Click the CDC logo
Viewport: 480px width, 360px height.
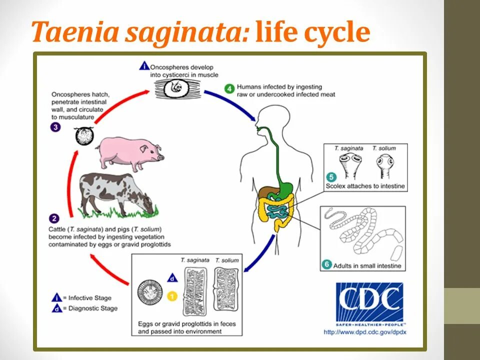(x=369, y=302)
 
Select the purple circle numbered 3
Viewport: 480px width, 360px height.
(x=56, y=127)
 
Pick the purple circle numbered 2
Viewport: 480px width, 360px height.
(x=54, y=218)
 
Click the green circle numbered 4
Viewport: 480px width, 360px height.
(x=229, y=89)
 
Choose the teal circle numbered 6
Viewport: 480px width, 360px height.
(x=326, y=264)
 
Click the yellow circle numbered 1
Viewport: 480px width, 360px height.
(x=172, y=296)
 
